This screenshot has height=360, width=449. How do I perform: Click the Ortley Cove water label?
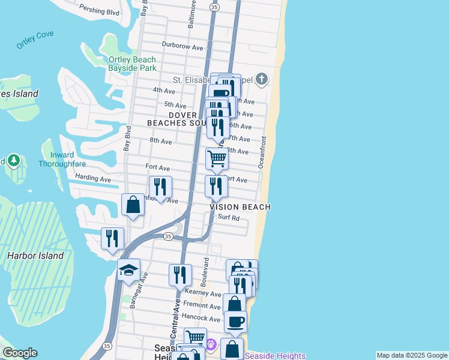point(35,40)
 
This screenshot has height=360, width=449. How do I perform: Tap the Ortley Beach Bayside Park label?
point(132,64)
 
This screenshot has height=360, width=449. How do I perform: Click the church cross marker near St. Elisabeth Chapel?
point(262,79)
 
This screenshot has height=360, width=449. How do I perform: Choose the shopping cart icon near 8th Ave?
point(217,158)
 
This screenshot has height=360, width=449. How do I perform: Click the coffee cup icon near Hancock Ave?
point(235,321)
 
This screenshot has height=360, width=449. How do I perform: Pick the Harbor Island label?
point(35,256)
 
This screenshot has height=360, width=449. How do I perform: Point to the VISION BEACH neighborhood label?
point(240,207)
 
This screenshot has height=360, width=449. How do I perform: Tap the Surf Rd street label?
point(229,218)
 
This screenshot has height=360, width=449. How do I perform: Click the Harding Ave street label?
point(93,179)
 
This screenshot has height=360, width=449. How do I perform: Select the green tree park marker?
point(14,161)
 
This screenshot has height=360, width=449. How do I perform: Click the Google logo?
point(20,353)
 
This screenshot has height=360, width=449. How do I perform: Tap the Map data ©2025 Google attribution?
point(411,355)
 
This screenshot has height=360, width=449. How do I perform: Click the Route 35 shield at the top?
point(215,5)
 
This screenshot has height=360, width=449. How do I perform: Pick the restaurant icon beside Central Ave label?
point(180,275)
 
